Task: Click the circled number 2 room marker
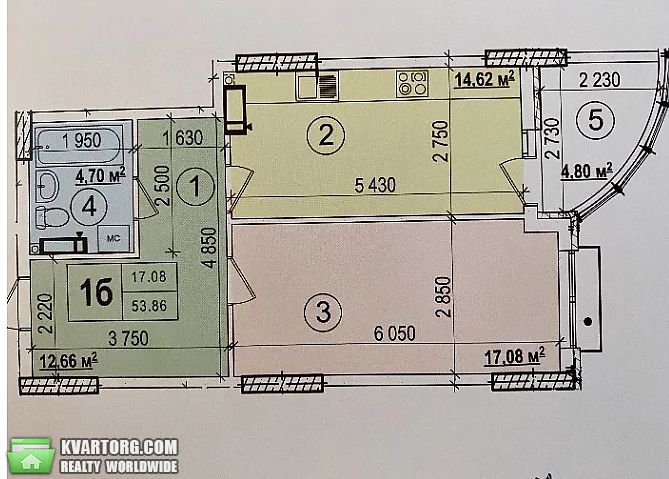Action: coord(326,135)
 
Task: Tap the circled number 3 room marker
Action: coord(323,312)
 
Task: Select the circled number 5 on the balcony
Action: coord(596,120)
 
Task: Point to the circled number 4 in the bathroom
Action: coord(89,207)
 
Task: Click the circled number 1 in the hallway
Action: coord(195,186)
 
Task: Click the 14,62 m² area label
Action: coord(484,79)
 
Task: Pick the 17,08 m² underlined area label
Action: coord(515,356)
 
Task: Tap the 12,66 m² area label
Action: coord(68,361)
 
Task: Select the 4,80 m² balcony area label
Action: coord(587,171)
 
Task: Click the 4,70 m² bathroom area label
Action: coord(101,175)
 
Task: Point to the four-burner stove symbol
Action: coord(412,83)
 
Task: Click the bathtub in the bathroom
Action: coord(78,145)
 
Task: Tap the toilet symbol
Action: coord(52,217)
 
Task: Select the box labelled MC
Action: coord(113,238)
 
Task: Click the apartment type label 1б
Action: coord(96,292)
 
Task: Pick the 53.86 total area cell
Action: coord(149,305)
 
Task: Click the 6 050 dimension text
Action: coord(395,333)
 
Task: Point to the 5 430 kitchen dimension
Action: coord(375,185)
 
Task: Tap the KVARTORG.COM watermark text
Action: coord(119,447)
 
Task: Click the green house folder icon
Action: coord(31,456)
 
